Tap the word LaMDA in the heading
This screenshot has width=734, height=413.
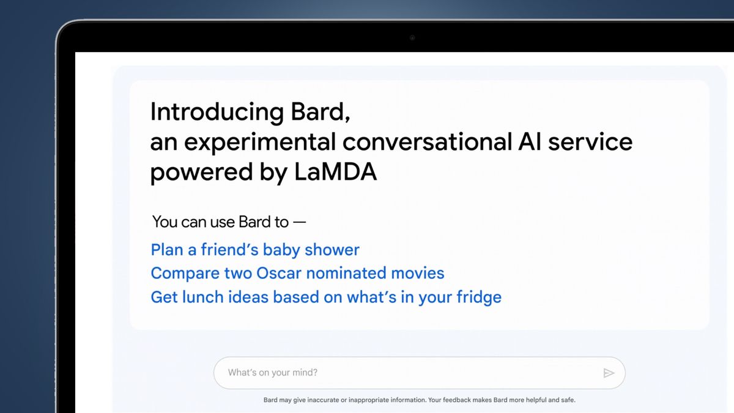click(x=335, y=173)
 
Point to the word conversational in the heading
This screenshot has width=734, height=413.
click(x=426, y=142)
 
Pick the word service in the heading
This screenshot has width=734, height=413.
click(x=590, y=142)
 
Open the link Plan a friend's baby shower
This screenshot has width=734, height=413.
click(x=255, y=250)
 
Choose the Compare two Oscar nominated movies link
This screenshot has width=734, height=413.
click(x=297, y=273)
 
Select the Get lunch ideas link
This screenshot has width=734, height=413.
click(x=326, y=297)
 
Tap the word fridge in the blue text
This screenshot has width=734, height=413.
click(x=478, y=297)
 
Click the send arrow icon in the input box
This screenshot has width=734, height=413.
click(x=609, y=373)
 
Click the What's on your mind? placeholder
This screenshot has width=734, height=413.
click(x=273, y=373)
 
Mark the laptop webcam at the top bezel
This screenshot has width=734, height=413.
click(x=412, y=38)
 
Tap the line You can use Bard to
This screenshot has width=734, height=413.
click(x=228, y=221)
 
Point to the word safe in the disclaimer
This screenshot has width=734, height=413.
click(x=566, y=400)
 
